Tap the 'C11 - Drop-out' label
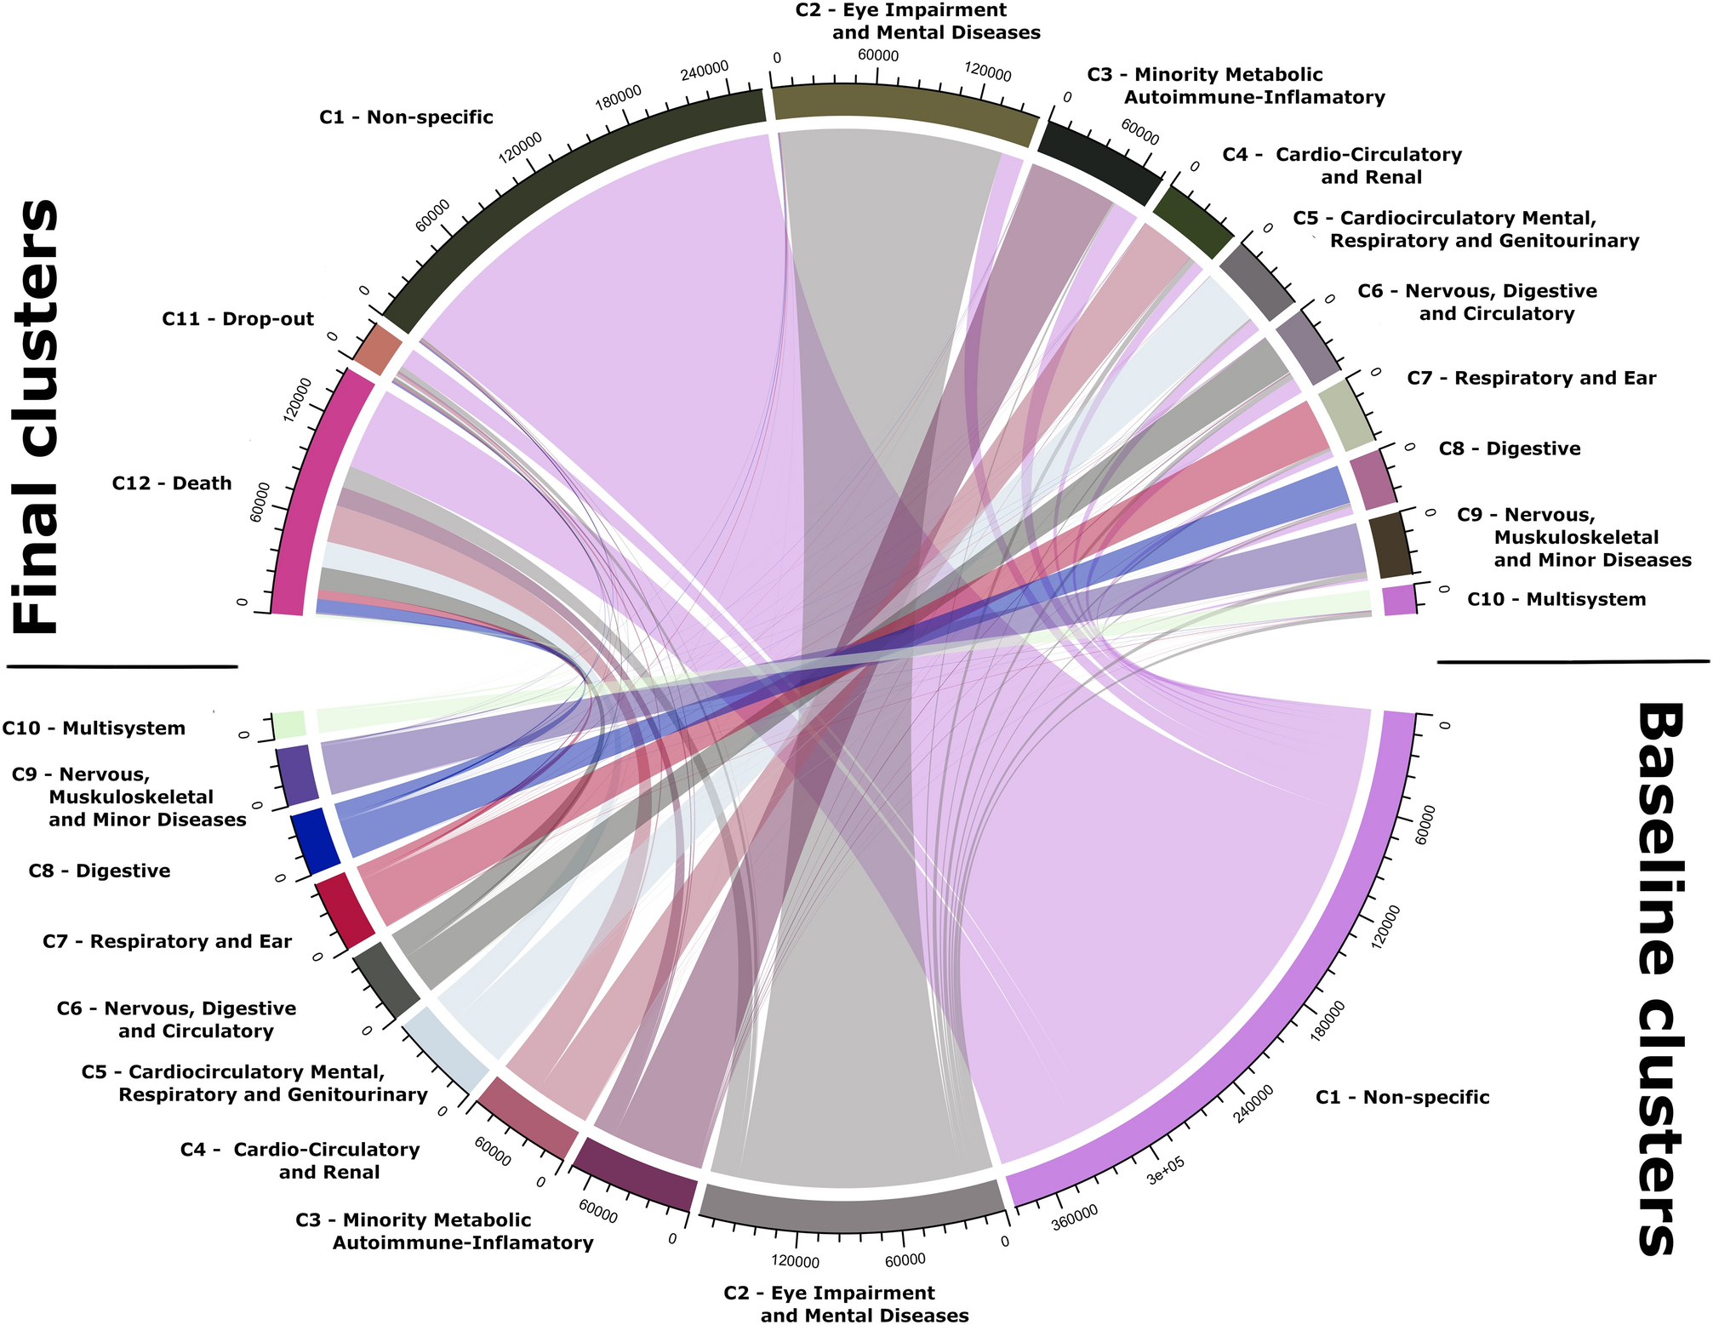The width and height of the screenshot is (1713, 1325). (x=237, y=319)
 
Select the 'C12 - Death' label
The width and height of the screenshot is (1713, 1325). (x=172, y=483)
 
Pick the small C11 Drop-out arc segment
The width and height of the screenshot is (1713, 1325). (x=378, y=350)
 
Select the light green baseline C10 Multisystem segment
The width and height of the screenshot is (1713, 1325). (x=289, y=725)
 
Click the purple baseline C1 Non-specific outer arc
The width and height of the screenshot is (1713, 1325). (x=1328, y=979)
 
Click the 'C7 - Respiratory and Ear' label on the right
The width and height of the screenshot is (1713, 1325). (x=1531, y=378)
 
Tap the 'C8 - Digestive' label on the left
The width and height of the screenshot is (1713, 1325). (x=99, y=871)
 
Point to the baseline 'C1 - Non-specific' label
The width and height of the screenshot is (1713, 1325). (x=1402, y=1097)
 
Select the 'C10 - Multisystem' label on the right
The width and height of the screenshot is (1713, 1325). (x=1556, y=599)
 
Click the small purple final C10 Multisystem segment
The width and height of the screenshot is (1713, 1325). (x=1398, y=601)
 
